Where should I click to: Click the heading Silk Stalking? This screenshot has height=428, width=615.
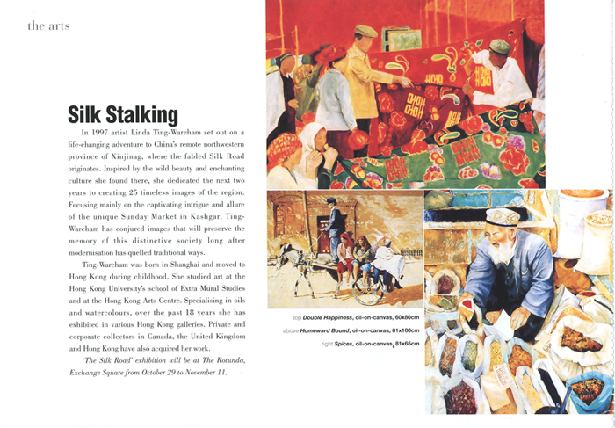click(x=123, y=114)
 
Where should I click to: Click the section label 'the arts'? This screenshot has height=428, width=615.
click(x=48, y=25)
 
